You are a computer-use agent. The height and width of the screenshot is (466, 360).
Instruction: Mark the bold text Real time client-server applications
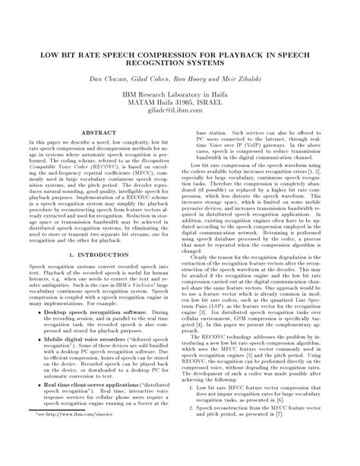[x=96, y=407]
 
